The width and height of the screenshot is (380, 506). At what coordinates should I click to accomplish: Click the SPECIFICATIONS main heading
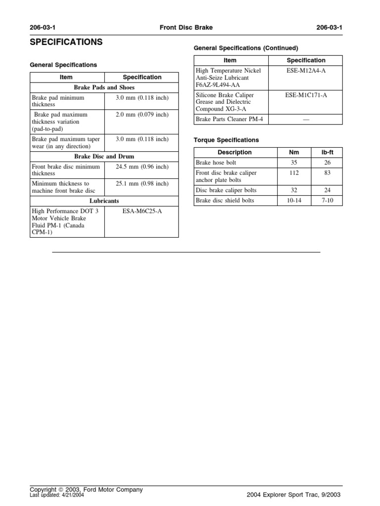pyautogui.click(x=66, y=42)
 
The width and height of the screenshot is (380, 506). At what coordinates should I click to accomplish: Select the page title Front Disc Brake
pyautogui.click(x=186, y=28)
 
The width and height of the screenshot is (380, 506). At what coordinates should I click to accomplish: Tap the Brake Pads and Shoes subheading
pyautogui.click(x=104, y=87)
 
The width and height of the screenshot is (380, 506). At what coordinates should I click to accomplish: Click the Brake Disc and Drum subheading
pyautogui.click(x=104, y=157)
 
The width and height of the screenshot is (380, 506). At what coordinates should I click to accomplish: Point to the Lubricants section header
pyautogui.click(x=104, y=201)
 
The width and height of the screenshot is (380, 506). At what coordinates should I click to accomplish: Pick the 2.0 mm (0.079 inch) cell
pyautogui.click(x=142, y=115)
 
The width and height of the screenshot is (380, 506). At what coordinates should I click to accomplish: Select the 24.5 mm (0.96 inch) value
pyautogui.click(x=142, y=167)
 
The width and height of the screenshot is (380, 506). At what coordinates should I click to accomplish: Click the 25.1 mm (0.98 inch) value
pyautogui.click(x=142, y=184)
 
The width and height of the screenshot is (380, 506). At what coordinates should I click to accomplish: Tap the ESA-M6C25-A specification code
pyautogui.click(x=142, y=211)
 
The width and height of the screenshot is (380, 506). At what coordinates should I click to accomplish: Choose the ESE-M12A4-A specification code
pyautogui.click(x=306, y=71)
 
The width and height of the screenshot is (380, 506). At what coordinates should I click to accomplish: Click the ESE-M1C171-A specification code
pyautogui.click(x=306, y=95)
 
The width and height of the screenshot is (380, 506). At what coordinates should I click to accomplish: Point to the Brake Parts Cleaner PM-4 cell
pyautogui.click(x=224, y=120)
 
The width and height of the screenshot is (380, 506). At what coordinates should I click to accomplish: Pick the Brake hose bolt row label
pyautogui.click(x=216, y=163)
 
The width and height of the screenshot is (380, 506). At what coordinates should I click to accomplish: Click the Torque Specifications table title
pyautogui.click(x=226, y=140)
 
